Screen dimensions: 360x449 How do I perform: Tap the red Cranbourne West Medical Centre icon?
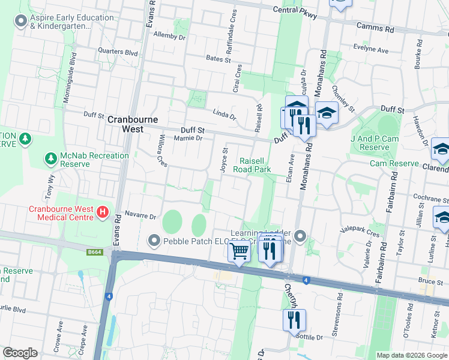pyautogui.click(x=103, y=212)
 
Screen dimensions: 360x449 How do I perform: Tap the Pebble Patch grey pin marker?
pyautogui.click(x=154, y=241)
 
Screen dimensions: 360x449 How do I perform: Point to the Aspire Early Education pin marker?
pyautogui.click(x=22, y=22)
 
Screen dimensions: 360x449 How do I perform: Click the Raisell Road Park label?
pyautogui.click(x=255, y=165)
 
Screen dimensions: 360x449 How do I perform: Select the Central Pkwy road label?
pyautogui.click(x=294, y=10)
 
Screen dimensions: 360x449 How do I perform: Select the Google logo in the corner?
pyautogui.click(x=20, y=353)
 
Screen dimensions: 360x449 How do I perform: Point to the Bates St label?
pyautogui.click(x=218, y=59)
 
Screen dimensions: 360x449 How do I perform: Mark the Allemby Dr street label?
pyautogui.click(x=170, y=36)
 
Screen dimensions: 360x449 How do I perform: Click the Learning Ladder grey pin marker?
pyautogui.click(x=301, y=235)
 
